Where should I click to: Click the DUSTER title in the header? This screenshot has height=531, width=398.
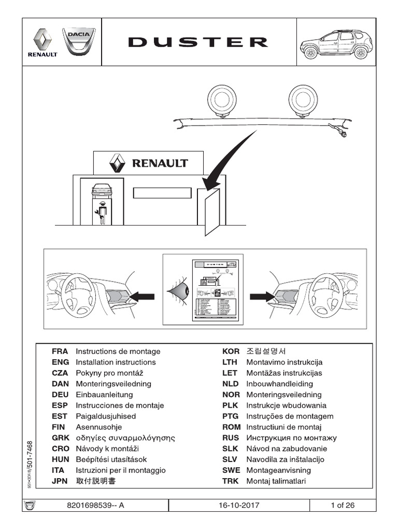click(198, 43)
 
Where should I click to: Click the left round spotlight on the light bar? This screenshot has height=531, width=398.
click(222, 99)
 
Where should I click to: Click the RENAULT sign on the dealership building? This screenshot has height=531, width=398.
click(148, 163)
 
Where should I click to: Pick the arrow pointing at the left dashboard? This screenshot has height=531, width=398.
click(141, 296)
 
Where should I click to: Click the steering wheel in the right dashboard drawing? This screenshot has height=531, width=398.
click(326, 296)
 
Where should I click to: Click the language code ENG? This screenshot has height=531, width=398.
click(60, 362)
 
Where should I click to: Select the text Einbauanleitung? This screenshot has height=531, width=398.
click(104, 395)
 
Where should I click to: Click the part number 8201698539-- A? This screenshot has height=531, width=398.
click(96, 506)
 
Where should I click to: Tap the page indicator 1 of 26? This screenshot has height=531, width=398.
click(342, 506)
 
